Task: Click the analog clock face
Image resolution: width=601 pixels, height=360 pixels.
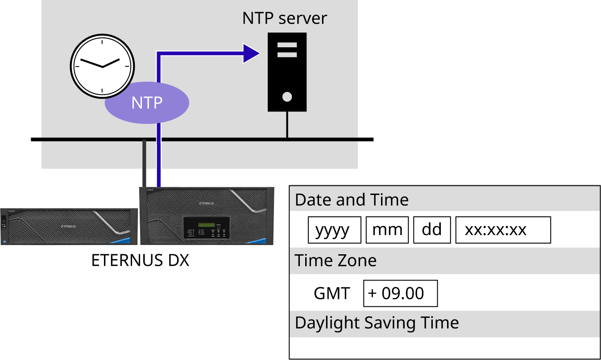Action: (x=102, y=66)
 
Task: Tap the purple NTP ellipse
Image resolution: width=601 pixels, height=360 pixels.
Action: (x=147, y=103)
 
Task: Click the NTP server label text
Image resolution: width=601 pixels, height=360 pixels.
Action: (x=284, y=18)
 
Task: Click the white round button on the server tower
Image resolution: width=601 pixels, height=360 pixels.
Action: (x=287, y=96)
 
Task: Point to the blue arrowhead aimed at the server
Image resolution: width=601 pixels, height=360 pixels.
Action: (x=251, y=54)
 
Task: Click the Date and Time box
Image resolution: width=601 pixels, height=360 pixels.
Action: (x=444, y=199)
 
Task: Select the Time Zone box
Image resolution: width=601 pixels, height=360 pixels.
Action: (x=444, y=261)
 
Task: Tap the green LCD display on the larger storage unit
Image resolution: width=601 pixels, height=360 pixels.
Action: (x=207, y=224)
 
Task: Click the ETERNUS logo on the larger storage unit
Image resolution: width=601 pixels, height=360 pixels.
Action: (x=207, y=203)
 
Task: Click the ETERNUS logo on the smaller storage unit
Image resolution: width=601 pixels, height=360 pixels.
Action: (x=68, y=227)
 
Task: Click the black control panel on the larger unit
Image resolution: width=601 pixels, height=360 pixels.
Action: (x=207, y=228)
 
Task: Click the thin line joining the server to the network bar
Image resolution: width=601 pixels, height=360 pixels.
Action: (x=287, y=125)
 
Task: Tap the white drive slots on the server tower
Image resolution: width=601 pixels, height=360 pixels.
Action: (x=287, y=50)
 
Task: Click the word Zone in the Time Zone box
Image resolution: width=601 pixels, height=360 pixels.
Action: (x=360, y=261)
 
